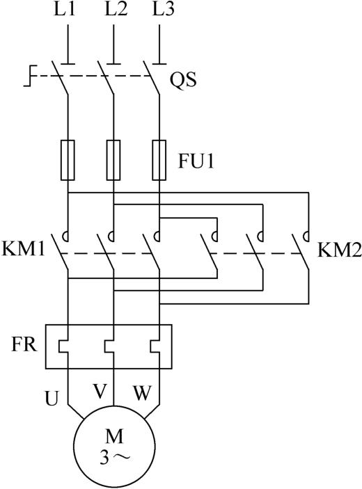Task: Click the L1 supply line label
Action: tap(65, 9)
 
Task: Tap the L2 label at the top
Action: tap(116, 9)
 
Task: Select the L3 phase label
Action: tap(163, 9)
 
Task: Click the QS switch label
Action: tap(183, 80)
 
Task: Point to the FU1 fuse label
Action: tap(196, 161)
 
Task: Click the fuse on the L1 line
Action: tap(68, 160)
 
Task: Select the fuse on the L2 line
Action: tap(113, 160)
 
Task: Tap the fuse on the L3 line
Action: tap(159, 160)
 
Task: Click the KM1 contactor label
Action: tap(23, 249)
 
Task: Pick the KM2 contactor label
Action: tap(340, 250)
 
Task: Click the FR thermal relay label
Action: tap(24, 344)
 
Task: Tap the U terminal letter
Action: tap(52, 399)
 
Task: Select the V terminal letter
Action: tap(100, 392)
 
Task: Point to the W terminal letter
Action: tap(142, 393)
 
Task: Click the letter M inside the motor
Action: tap(114, 436)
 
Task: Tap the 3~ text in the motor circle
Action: tap(114, 457)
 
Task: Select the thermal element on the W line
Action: tap(155, 346)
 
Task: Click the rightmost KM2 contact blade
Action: tap(301, 251)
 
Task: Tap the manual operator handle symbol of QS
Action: tap(30, 76)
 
